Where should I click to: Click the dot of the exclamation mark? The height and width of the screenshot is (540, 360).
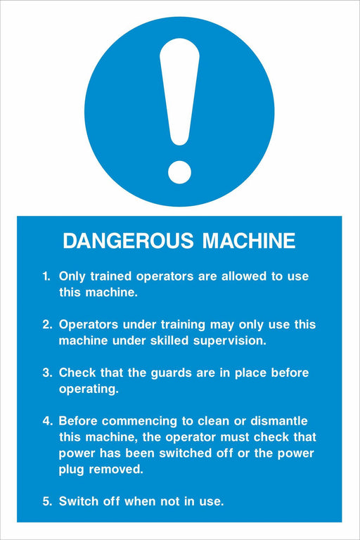pyautogui.click(x=179, y=172)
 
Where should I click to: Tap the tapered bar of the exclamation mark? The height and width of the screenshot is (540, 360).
pyautogui.click(x=179, y=91)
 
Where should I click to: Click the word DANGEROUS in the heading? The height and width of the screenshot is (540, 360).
pyautogui.click(x=128, y=240)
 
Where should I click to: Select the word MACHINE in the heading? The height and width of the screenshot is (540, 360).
pyautogui.click(x=249, y=240)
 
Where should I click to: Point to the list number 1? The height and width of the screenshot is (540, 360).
pyautogui.click(x=46, y=276)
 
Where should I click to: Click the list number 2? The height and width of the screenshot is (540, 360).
pyautogui.click(x=47, y=324)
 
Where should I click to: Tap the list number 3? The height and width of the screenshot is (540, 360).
pyautogui.click(x=47, y=373)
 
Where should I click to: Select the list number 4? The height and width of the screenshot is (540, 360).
pyautogui.click(x=47, y=421)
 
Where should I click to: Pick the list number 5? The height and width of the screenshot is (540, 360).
pyautogui.click(x=47, y=501)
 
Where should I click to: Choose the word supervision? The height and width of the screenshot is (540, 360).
pyautogui.click(x=230, y=341)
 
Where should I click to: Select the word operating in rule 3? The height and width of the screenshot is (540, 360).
pyautogui.click(x=89, y=390)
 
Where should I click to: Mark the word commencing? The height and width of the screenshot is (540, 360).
pyautogui.click(x=139, y=422)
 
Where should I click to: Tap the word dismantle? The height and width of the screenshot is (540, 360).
pyautogui.click(x=279, y=421)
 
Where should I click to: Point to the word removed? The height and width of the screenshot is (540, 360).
pyautogui.click(x=116, y=469)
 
